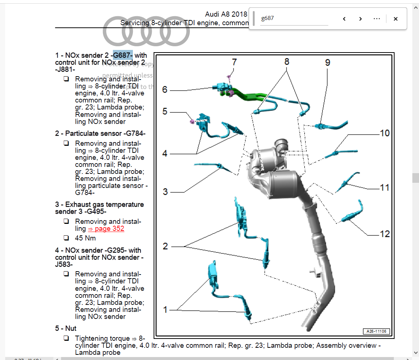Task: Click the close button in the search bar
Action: (395, 19)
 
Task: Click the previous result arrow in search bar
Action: (344, 19)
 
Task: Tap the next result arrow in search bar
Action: (360, 19)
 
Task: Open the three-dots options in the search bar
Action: (377, 19)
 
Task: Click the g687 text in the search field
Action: (267, 18)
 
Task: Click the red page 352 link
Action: (106, 229)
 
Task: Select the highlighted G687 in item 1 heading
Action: (123, 55)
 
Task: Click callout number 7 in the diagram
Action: (234, 62)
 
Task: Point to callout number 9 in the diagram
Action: (327, 62)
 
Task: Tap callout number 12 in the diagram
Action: (385, 234)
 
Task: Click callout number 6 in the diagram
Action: (165, 90)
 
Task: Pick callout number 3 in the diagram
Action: (165, 192)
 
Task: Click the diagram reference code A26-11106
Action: (376, 331)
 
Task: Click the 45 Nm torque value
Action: (86, 238)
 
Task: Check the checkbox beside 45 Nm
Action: (66, 238)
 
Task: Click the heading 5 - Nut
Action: (66, 329)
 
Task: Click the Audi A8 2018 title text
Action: (226, 14)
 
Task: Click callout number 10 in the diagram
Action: (385, 133)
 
